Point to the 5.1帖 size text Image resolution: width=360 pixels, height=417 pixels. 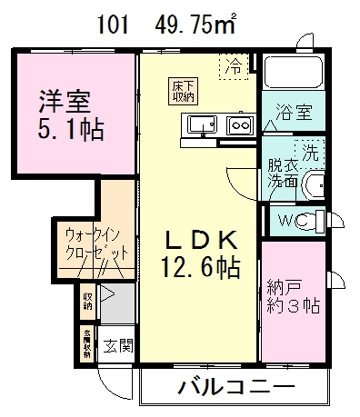[x=71, y=130]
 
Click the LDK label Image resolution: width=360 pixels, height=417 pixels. [x=201, y=241]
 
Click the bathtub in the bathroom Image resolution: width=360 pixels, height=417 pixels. [x=294, y=75]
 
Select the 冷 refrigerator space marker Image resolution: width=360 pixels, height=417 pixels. [x=235, y=65]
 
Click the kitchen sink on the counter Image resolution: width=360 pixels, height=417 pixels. [x=202, y=124]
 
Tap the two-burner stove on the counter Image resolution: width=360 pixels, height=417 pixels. [x=239, y=125]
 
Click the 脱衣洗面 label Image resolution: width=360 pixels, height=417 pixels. [x=284, y=174]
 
